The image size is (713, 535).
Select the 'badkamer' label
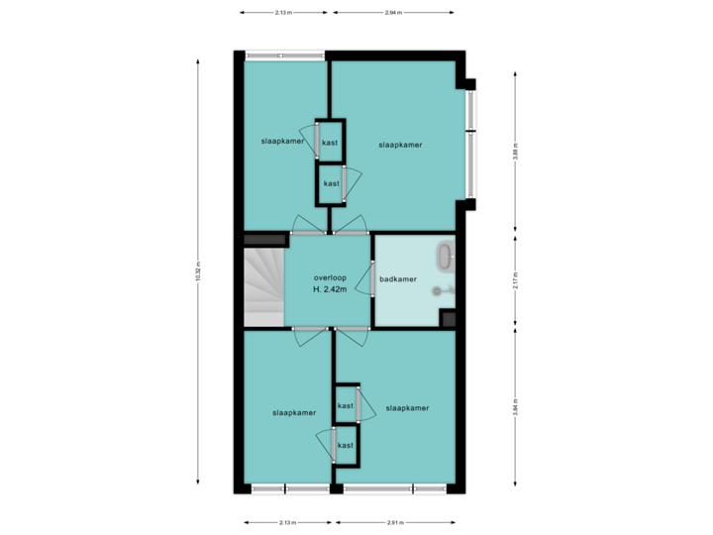pos(398,279)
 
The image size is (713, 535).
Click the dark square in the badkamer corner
pos(449,319)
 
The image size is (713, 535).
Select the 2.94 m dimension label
pos(393,13)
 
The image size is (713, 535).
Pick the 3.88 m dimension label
pos(515,152)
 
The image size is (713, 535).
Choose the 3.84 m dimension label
pos(515,407)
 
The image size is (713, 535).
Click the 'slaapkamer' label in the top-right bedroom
pos(400,145)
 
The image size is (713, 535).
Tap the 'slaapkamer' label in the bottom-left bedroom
pos(294,412)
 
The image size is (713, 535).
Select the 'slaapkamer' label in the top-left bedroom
pos(282,142)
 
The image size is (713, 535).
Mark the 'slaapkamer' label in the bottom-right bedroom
pos(407,408)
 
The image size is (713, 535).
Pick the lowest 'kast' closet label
pos(346,446)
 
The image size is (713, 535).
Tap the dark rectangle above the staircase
pos(264,239)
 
